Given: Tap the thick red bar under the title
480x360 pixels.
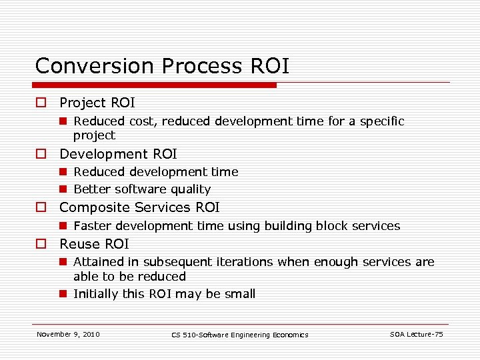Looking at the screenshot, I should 155,85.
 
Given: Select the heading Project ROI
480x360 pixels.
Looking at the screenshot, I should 97,103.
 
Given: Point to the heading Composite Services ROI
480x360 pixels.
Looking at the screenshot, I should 139,207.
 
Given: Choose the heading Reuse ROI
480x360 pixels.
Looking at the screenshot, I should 94,244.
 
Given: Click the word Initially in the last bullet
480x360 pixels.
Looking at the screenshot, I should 96,294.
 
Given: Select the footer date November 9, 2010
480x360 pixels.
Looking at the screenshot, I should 68,334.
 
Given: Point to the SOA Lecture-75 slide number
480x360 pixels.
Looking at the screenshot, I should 416,334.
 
